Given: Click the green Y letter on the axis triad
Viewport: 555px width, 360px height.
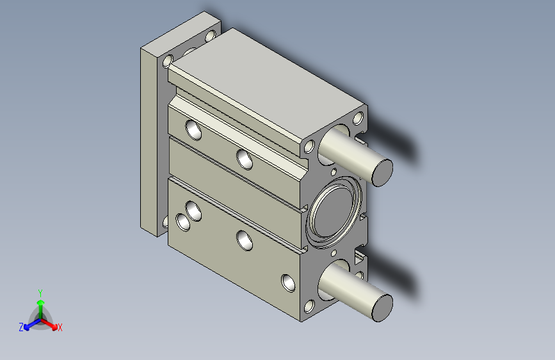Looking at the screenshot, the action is click(x=40, y=293).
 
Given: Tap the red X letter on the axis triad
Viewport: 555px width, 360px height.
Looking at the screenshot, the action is click(x=60, y=327).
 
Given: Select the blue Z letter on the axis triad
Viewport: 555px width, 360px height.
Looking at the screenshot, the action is click(x=21, y=327).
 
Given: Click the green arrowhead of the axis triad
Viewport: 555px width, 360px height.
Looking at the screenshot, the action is click(x=40, y=302).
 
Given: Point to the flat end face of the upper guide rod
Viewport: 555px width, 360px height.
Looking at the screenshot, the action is click(x=382, y=173).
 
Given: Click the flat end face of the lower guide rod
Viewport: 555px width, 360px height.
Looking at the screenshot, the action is click(x=382, y=308).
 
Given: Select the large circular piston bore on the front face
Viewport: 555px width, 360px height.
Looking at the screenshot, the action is click(x=334, y=213).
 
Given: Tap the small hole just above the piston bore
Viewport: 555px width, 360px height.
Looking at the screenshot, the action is click(x=334, y=172).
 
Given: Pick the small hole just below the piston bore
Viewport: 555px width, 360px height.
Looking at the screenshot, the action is click(x=334, y=253).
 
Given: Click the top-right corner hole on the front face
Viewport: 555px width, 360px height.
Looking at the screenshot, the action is click(x=358, y=119).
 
